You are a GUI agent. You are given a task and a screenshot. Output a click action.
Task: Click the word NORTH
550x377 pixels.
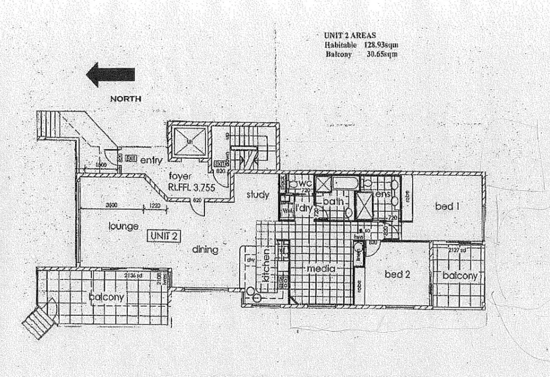point(126,99)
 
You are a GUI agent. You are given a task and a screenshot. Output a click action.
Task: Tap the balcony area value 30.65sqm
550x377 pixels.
point(382,54)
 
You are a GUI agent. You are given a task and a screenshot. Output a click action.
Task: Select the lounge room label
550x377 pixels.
point(123,226)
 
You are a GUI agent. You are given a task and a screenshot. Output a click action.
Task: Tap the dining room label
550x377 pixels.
point(205,250)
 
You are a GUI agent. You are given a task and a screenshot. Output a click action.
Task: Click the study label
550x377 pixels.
point(257,195)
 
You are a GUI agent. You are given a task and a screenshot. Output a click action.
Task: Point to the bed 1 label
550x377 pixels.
point(447,207)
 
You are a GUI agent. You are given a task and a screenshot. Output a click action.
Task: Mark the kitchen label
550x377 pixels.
point(266,265)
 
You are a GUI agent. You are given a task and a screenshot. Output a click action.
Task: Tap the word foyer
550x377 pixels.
point(180,177)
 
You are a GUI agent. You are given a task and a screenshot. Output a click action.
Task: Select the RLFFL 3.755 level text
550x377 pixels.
point(191,187)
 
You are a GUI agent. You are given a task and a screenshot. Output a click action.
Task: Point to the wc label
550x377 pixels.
point(307,184)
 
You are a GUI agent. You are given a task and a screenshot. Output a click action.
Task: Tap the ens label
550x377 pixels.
point(382,195)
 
